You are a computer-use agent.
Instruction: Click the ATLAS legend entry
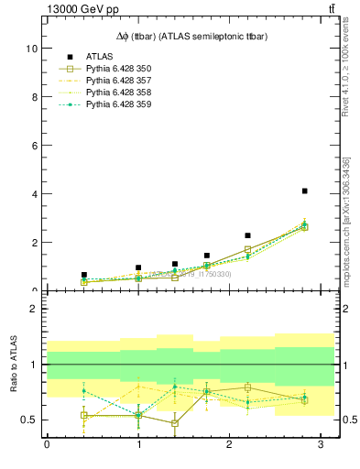(x=100, y=57)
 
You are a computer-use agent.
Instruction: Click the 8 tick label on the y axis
(x=34, y=96)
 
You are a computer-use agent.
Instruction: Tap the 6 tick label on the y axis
(x=34, y=145)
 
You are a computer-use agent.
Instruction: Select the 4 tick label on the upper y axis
(x=34, y=193)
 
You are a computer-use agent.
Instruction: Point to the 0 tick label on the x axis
(x=47, y=445)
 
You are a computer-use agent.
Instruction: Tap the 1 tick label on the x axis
(x=138, y=445)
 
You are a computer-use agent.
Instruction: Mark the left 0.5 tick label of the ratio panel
(x=30, y=420)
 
